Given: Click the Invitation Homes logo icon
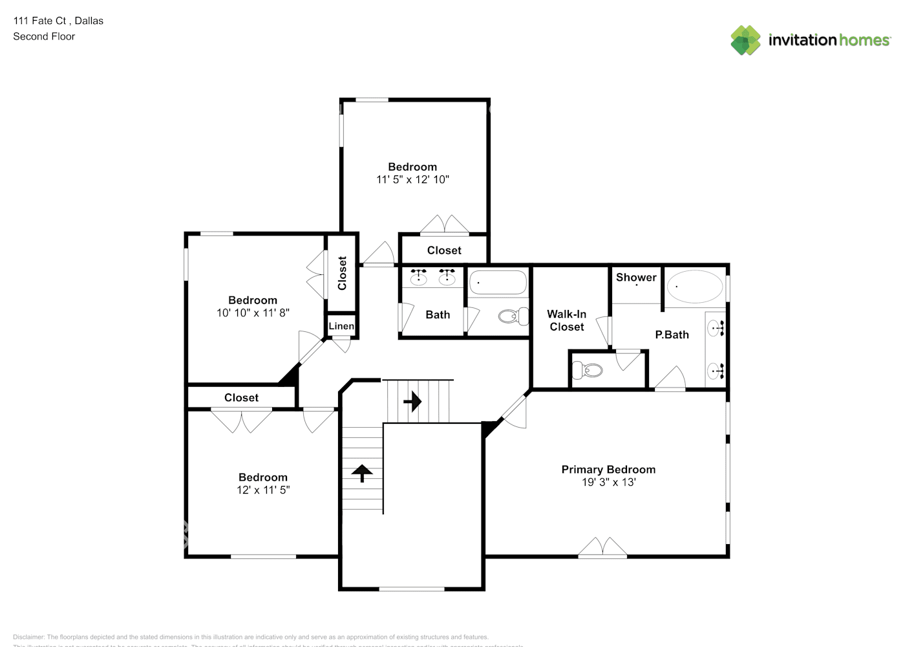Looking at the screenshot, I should (745, 40).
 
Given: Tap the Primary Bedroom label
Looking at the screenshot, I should (608, 470).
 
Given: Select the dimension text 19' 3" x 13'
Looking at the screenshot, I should (608, 482).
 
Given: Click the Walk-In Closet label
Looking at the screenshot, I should (567, 320).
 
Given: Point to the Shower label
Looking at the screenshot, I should (636, 278).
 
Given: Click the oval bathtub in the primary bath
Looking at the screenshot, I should (695, 287).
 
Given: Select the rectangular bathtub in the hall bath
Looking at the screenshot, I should (497, 283).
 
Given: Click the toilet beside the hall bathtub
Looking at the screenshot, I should (513, 316).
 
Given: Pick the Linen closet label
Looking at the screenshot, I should (341, 326).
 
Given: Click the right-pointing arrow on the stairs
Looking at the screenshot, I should (412, 402).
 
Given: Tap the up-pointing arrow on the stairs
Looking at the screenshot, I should (362, 474).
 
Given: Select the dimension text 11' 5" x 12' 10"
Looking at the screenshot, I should (412, 180).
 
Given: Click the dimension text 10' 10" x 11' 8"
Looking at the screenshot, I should (253, 313).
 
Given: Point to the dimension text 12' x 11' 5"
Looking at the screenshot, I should (263, 490).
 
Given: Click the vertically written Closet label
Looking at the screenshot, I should (342, 273).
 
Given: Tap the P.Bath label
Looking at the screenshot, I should (672, 334).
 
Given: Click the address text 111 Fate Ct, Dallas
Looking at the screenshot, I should (58, 21).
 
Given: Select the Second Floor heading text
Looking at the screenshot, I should (44, 36).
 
